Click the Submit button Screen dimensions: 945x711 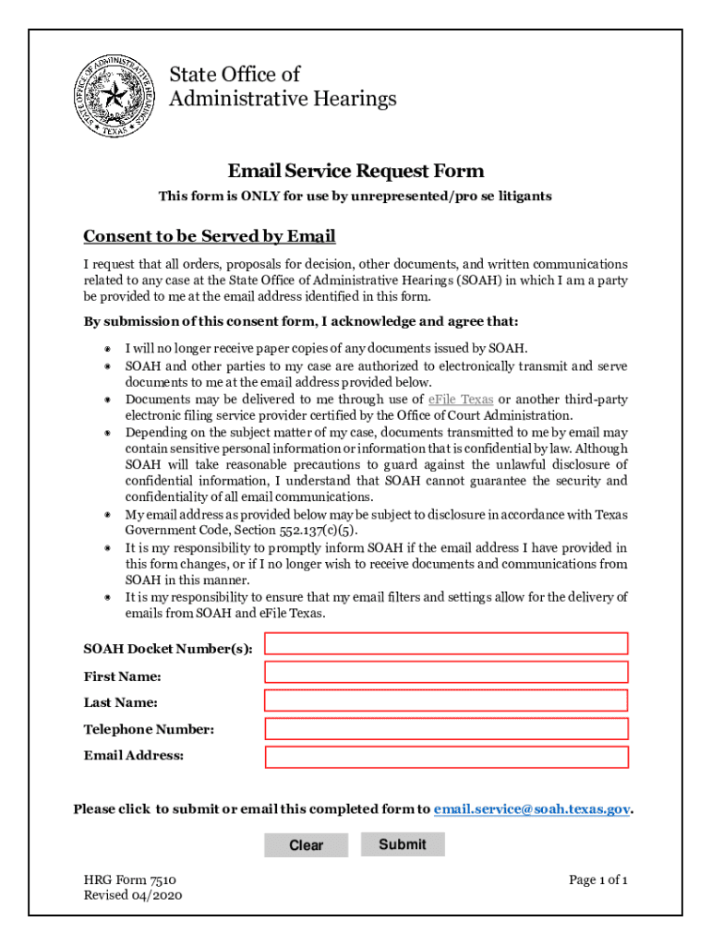(x=403, y=844)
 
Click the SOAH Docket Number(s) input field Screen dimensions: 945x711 (x=446, y=643)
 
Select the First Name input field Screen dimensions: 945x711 (x=446, y=672)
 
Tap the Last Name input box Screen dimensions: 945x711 (x=446, y=700)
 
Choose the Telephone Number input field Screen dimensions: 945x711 (x=446, y=729)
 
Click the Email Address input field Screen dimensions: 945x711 (x=446, y=758)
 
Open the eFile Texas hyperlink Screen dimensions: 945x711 (x=461, y=400)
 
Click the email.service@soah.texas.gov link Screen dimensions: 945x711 (x=532, y=809)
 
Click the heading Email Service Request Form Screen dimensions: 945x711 (x=355, y=171)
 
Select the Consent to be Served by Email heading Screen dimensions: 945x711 (x=209, y=236)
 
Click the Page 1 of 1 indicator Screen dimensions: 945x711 (x=598, y=880)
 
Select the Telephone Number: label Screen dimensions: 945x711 (x=149, y=729)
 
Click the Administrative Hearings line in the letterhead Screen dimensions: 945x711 (x=283, y=98)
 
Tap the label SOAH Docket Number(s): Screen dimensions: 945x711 (x=168, y=649)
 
